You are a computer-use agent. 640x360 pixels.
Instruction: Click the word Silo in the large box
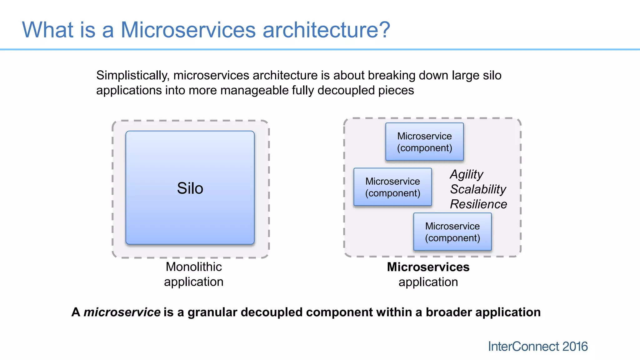tap(190, 188)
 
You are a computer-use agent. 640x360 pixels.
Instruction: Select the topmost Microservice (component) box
tap(424, 142)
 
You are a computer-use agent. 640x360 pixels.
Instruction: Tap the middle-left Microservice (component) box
tap(392, 187)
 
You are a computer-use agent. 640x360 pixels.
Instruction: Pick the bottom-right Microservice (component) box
tap(452, 232)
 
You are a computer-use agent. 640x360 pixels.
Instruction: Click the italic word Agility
tap(467, 174)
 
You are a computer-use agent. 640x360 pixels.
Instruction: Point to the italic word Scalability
tap(478, 189)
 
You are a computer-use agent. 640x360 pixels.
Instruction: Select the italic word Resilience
tap(478, 204)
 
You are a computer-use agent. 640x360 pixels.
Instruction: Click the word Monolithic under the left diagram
tap(194, 267)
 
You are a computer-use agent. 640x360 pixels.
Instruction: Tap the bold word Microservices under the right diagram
tap(428, 267)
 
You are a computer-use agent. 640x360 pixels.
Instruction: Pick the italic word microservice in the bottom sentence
tap(122, 312)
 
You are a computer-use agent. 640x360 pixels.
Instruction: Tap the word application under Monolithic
tap(194, 282)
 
